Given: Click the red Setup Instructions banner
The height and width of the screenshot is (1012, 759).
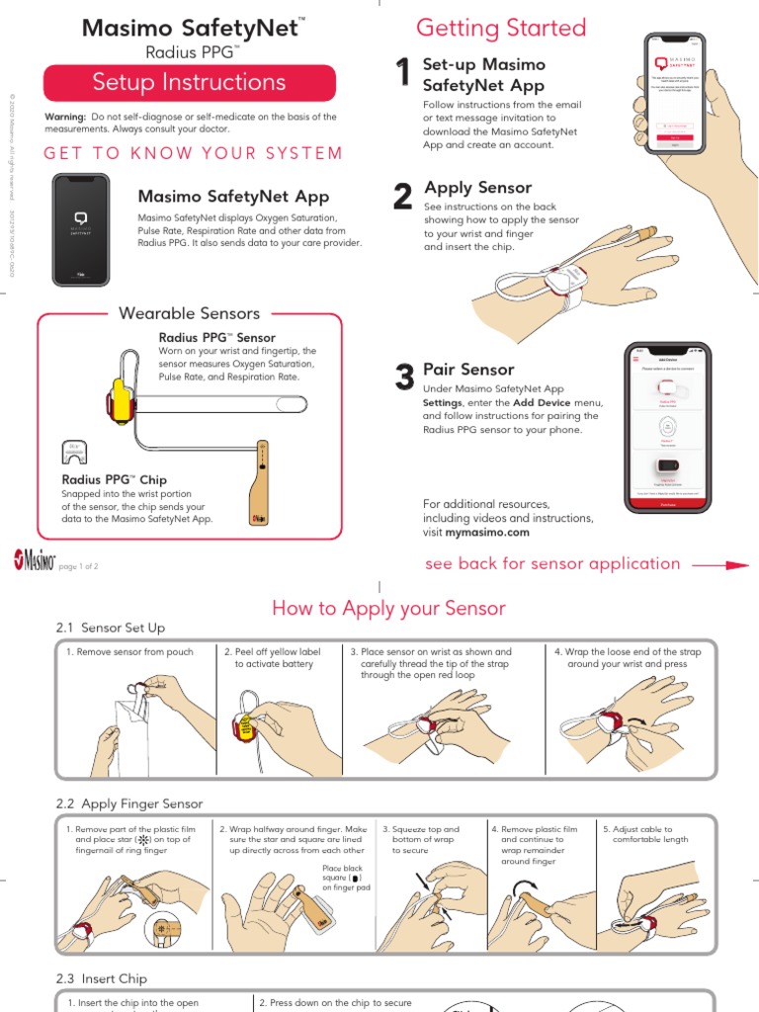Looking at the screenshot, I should pyautogui.click(x=189, y=83).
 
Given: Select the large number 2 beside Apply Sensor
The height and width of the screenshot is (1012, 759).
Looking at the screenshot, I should pyautogui.click(x=402, y=197).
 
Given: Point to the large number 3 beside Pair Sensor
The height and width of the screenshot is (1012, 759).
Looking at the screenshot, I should pyautogui.click(x=403, y=378).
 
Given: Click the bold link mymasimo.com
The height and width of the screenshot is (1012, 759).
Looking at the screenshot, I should pyautogui.click(x=487, y=532).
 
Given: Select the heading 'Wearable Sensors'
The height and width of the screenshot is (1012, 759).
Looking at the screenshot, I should pyautogui.click(x=189, y=314).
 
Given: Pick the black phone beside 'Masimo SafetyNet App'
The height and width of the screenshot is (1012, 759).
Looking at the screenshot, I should pyautogui.click(x=81, y=227).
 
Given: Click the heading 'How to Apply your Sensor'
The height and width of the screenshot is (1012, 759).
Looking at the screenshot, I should pyautogui.click(x=388, y=609).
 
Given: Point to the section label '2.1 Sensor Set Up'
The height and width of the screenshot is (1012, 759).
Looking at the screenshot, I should pyautogui.click(x=110, y=628).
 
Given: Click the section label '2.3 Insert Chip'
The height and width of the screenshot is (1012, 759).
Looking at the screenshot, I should pyautogui.click(x=101, y=978).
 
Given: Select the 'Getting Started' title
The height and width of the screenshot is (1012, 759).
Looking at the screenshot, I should pyautogui.click(x=501, y=28).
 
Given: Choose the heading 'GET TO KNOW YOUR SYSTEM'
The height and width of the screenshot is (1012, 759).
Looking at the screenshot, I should pyautogui.click(x=193, y=153).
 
